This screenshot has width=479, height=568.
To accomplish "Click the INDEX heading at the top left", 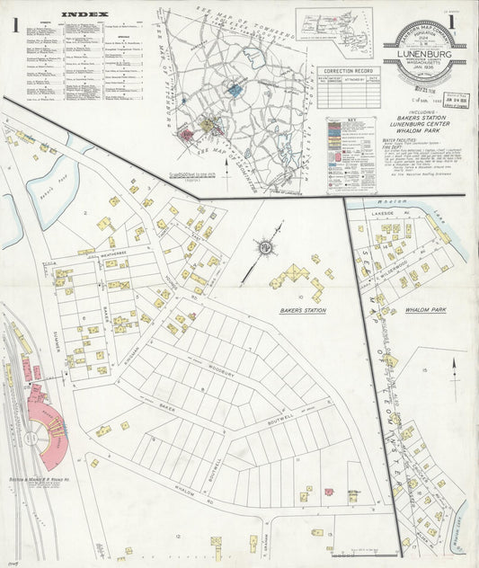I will click(x=86, y=14).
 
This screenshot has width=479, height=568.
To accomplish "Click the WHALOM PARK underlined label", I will click(x=426, y=310).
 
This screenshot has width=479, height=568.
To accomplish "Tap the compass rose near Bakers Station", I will click(x=267, y=245).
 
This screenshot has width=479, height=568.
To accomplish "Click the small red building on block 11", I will click(x=329, y=492).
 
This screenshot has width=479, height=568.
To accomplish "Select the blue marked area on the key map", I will click(x=235, y=89).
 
